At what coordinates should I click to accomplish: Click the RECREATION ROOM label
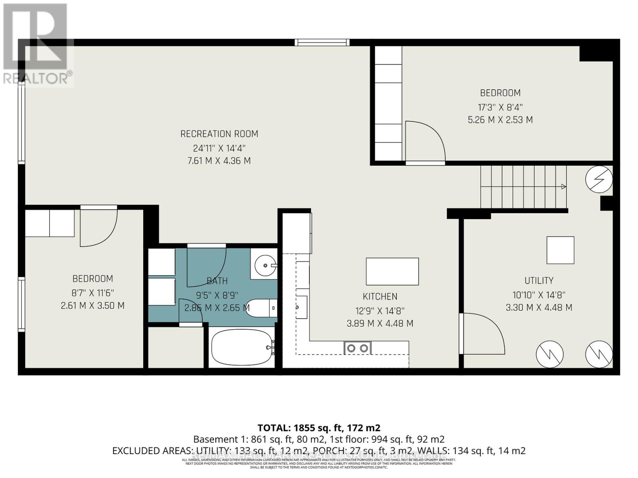tap(219, 134)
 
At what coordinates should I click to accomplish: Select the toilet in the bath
tap(261, 308)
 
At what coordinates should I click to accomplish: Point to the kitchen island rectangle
tap(392, 271)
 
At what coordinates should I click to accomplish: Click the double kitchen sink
tap(357, 348)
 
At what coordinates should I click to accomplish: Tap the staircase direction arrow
tap(563, 186)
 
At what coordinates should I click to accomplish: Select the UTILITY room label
tap(539, 280)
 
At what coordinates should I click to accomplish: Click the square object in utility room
tap(560, 250)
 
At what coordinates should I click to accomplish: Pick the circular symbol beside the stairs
tap(599, 179)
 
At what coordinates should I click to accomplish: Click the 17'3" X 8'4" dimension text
tap(500, 107)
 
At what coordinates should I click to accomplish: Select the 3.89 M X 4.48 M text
tap(380, 323)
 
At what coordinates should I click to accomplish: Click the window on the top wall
tap(322, 42)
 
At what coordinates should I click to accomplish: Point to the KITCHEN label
tap(380, 297)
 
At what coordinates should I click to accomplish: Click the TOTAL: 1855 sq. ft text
tap(319, 428)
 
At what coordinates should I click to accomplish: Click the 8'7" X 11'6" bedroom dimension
tap(93, 293)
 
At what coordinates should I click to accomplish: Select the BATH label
tap(217, 281)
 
